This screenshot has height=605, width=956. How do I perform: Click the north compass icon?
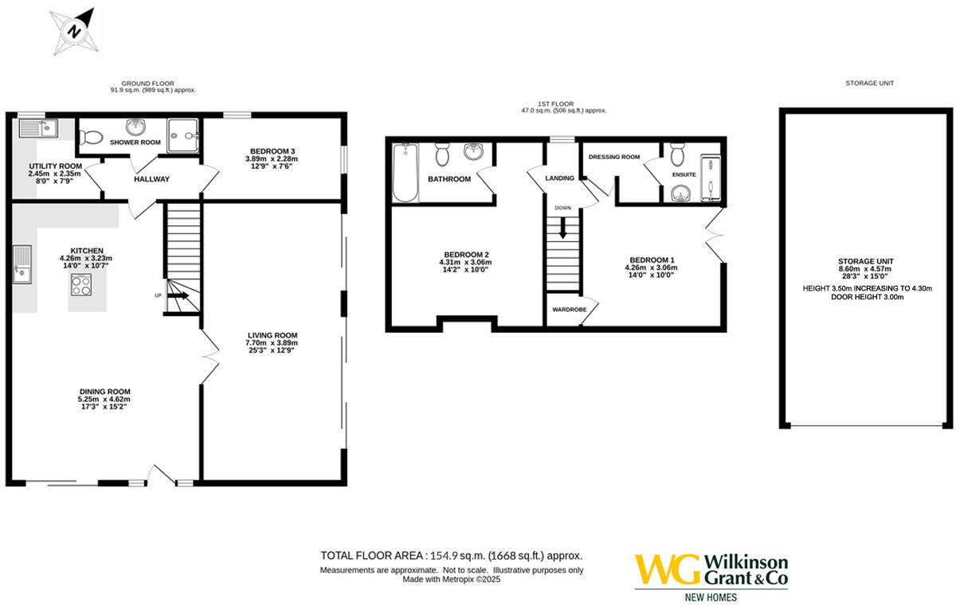[x=75, y=31]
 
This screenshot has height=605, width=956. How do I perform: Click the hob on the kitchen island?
[x=81, y=285]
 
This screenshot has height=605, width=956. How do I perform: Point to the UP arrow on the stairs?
[x=179, y=295]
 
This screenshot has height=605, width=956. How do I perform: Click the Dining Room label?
[x=104, y=391]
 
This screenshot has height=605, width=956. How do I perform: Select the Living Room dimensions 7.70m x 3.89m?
[x=272, y=343]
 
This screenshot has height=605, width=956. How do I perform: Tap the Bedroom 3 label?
[x=272, y=151]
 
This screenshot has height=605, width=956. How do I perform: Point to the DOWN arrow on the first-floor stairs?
[x=563, y=229]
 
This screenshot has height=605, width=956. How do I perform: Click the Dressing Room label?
[x=613, y=158]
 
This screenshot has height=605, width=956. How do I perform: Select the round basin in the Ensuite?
[x=679, y=193]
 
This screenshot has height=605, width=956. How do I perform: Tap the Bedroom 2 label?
[x=466, y=254]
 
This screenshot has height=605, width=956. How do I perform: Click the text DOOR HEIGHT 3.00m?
[x=866, y=298]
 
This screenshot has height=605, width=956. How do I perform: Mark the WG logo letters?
[x=668, y=570]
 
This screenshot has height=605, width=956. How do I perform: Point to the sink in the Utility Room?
[x=36, y=127]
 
